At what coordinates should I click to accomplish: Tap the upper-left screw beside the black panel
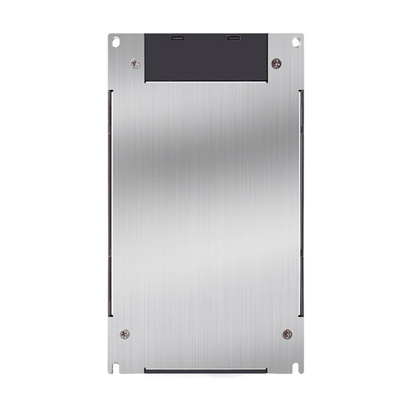click(x=135, y=64)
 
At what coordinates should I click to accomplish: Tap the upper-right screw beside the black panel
click(x=276, y=63)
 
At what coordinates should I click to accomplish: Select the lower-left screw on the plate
click(x=125, y=334)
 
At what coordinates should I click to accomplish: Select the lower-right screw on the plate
click(x=287, y=334)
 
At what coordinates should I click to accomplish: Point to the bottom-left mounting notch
click(x=115, y=365)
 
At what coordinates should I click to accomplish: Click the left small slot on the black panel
click(x=178, y=38)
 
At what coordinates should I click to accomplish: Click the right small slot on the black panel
click(x=233, y=38)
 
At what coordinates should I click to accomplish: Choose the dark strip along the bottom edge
click(x=205, y=369)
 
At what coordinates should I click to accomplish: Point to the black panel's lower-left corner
click(x=145, y=81)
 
